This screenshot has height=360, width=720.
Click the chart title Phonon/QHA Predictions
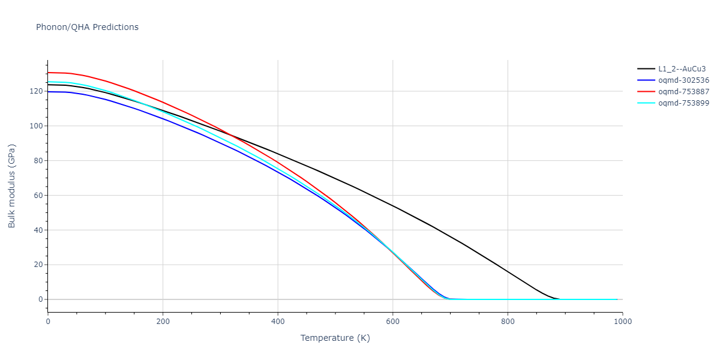[87, 27]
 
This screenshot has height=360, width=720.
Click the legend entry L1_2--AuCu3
[682, 69]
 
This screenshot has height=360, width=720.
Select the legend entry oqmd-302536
[683, 80]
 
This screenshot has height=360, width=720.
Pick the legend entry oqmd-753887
[683, 92]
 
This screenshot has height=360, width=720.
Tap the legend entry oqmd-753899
[683, 103]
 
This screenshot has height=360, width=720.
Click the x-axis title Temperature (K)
[335, 338]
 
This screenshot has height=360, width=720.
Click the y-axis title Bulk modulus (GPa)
[12, 185]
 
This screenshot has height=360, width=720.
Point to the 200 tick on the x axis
[163, 322]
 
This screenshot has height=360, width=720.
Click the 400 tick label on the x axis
[278, 322]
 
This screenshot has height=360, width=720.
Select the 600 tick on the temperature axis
[392, 322]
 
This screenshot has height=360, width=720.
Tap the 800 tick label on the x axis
[508, 322]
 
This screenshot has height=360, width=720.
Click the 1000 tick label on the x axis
[622, 322]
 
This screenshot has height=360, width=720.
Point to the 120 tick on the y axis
[37, 91]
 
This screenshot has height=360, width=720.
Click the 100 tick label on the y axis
[37, 126]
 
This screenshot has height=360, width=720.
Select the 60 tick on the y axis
[38, 196]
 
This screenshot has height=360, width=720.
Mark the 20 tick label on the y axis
[38, 265]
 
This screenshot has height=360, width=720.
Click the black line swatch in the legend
[646, 69]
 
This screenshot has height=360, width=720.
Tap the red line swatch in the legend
[646, 92]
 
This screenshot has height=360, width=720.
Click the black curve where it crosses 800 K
[508, 272]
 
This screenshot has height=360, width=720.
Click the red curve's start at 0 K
[49, 73]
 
